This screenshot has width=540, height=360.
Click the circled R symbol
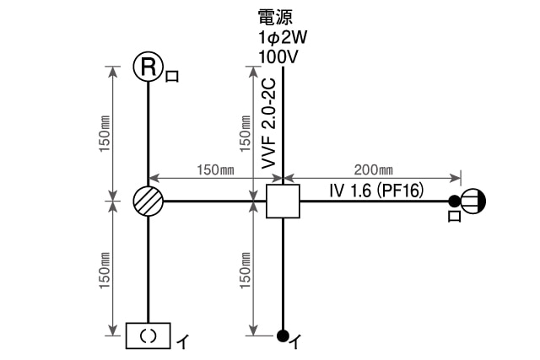pyautogui.click(x=148, y=67)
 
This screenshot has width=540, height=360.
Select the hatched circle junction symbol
pyautogui.click(x=148, y=201)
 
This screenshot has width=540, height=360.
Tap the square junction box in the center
pyautogui.click(x=283, y=201)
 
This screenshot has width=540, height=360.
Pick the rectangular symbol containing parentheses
pyautogui.click(x=148, y=336)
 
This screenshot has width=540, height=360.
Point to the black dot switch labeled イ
pyautogui.click(x=283, y=335)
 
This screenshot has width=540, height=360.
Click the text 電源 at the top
pyautogui.click(x=276, y=16)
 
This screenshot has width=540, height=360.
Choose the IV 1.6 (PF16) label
pyautogui.click(x=375, y=191)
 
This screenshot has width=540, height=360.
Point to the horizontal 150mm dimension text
pyautogui.click(x=215, y=169)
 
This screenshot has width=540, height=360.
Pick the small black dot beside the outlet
pyautogui.click(x=454, y=201)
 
